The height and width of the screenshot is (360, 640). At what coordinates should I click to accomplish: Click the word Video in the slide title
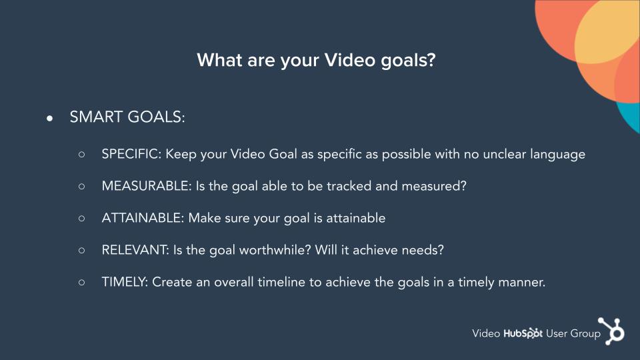click(x=350, y=61)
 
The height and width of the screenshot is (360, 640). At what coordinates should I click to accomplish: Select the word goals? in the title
click(x=408, y=61)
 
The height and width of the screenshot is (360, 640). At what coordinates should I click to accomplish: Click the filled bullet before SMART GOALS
click(x=50, y=119)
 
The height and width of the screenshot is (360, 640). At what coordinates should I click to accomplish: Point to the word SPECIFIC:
click(x=132, y=154)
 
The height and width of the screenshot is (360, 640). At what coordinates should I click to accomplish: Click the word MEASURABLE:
click(x=147, y=186)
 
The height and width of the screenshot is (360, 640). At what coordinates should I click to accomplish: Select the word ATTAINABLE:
click(x=143, y=218)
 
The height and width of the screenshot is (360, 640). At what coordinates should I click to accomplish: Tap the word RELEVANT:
click(x=135, y=250)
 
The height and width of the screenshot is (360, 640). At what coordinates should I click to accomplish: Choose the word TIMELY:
click(x=125, y=282)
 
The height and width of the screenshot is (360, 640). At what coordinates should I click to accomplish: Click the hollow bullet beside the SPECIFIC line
click(x=81, y=154)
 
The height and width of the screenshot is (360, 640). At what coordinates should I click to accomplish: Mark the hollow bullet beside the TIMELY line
click(x=81, y=282)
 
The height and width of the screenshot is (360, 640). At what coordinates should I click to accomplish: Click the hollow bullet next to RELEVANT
click(x=81, y=250)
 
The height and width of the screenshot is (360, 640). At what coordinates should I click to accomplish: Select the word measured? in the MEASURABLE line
click(x=434, y=186)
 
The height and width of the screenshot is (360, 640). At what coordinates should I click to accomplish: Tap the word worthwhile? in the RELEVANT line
click(x=275, y=250)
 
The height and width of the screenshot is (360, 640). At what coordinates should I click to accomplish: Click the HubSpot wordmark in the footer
click(x=523, y=333)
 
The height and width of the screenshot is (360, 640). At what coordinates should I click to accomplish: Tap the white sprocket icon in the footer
click(x=611, y=331)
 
